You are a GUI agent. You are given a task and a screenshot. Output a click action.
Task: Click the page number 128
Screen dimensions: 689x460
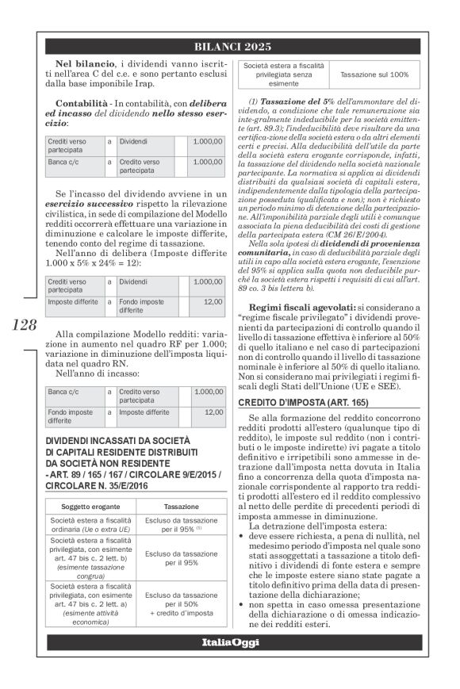(x=25, y=325)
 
